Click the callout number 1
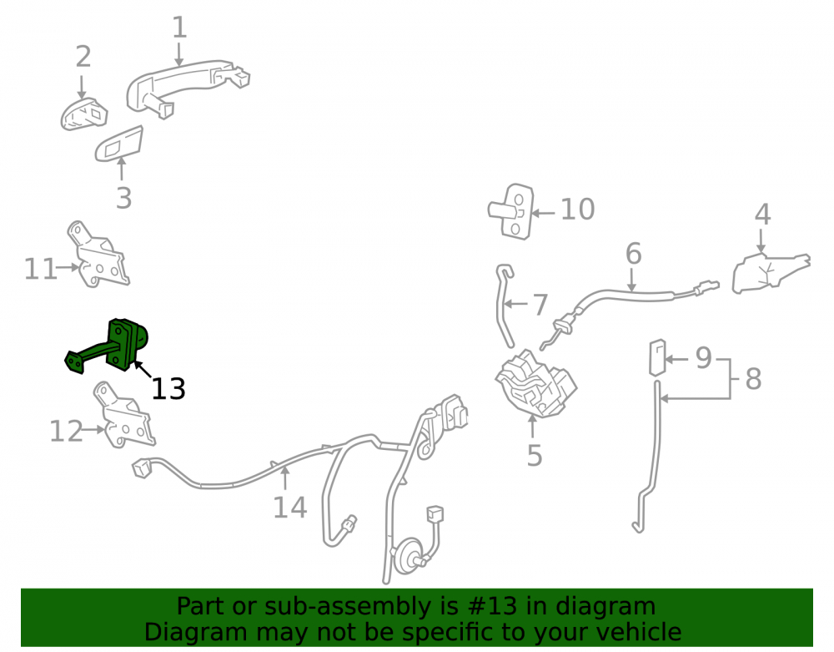pyautogui.click(x=180, y=28)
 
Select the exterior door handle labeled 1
pyautogui.click(x=186, y=87)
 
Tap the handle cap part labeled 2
pyautogui.click(x=83, y=114)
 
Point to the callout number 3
pyautogui.click(x=124, y=198)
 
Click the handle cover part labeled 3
pyautogui.click(x=119, y=144)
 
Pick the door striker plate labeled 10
pyautogui.click(x=511, y=211)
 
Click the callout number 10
pyautogui.click(x=578, y=210)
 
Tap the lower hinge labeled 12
pyautogui.click(x=124, y=415)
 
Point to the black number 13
pyautogui.click(x=168, y=388)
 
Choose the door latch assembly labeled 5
pyautogui.click(x=535, y=383)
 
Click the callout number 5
pyautogui.click(x=535, y=455)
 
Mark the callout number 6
pyautogui.click(x=634, y=253)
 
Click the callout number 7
pyautogui.click(x=540, y=305)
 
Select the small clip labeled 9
pyautogui.click(x=657, y=357)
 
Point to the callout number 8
pyautogui.click(x=753, y=379)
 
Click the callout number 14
pyautogui.click(x=290, y=508)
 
